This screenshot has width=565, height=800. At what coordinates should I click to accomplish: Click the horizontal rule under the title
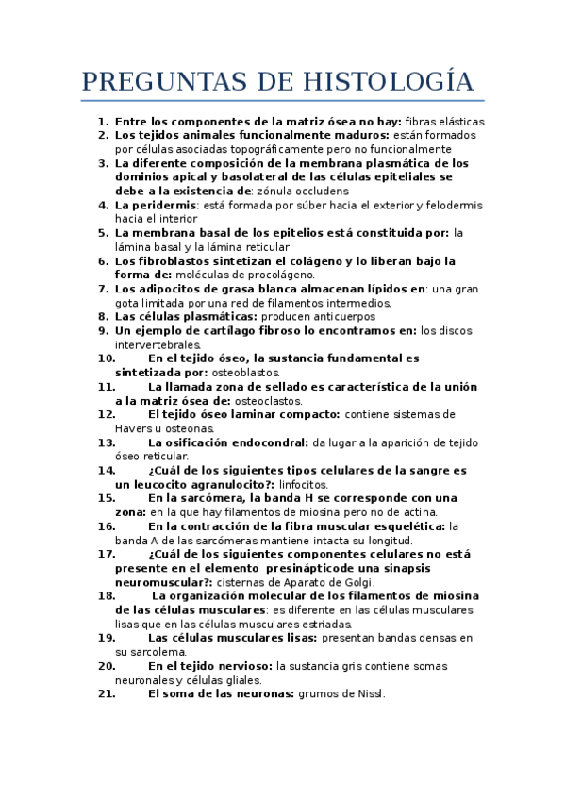tap(282, 100)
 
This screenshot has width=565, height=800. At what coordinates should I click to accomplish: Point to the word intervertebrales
tap(158, 344)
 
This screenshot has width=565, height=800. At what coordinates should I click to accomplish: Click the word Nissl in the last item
tap(368, 694)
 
